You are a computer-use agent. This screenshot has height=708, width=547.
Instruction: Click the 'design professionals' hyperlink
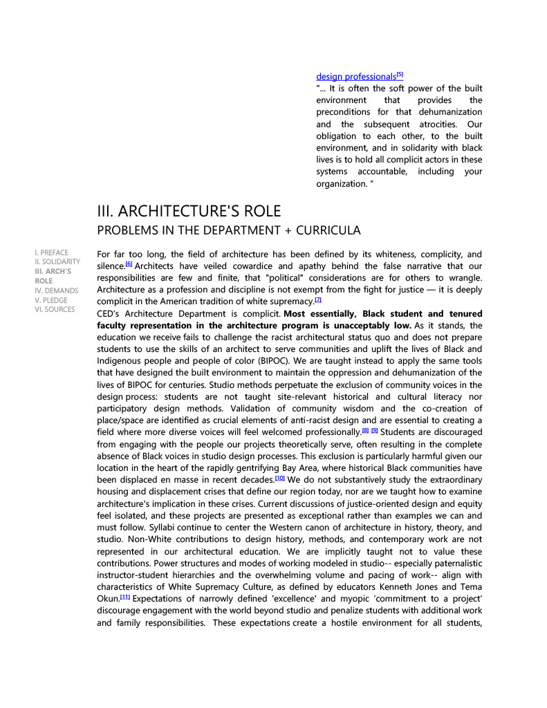click(x=356, y=77)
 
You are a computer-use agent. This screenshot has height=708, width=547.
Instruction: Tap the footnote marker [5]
click(x=400, y=75)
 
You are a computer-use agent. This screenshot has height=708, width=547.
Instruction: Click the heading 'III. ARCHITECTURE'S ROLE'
click(x=189, y=211)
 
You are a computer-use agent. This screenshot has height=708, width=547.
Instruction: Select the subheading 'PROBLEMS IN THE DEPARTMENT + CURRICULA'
click(x=229, y=230)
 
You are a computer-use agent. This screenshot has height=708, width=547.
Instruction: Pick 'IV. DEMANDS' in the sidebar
click(x=57, y=290)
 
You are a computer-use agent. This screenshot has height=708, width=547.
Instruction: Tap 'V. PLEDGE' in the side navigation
click(x=51, y=300)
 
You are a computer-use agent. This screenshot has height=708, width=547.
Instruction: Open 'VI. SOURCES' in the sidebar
click(x=55, y=309)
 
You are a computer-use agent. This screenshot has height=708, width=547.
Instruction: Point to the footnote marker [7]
click(x=318, y=299)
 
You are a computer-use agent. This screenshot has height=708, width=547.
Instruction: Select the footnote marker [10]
click(x=280, y=477)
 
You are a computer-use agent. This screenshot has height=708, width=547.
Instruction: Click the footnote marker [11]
click(x=124, y=597)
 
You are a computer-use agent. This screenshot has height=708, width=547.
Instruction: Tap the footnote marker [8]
click(x=365, y=430)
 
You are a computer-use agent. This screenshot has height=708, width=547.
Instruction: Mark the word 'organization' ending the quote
click(x=342, y=184)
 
